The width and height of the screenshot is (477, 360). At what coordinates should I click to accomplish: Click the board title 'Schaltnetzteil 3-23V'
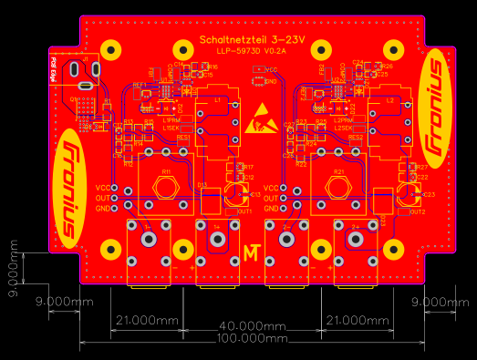click(252, 40)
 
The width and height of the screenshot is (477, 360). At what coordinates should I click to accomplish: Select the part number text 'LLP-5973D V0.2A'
click(252, 51)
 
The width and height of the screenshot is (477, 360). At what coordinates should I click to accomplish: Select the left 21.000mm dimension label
click(146, 319)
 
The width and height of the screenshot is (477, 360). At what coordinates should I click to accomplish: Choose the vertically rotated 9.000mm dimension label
click(13, 269)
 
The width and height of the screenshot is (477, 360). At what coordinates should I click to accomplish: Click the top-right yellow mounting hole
click(395, 51)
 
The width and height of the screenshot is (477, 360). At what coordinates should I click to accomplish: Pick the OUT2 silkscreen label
click(417, 211)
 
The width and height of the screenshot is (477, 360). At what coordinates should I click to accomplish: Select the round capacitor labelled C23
click(409, 194)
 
